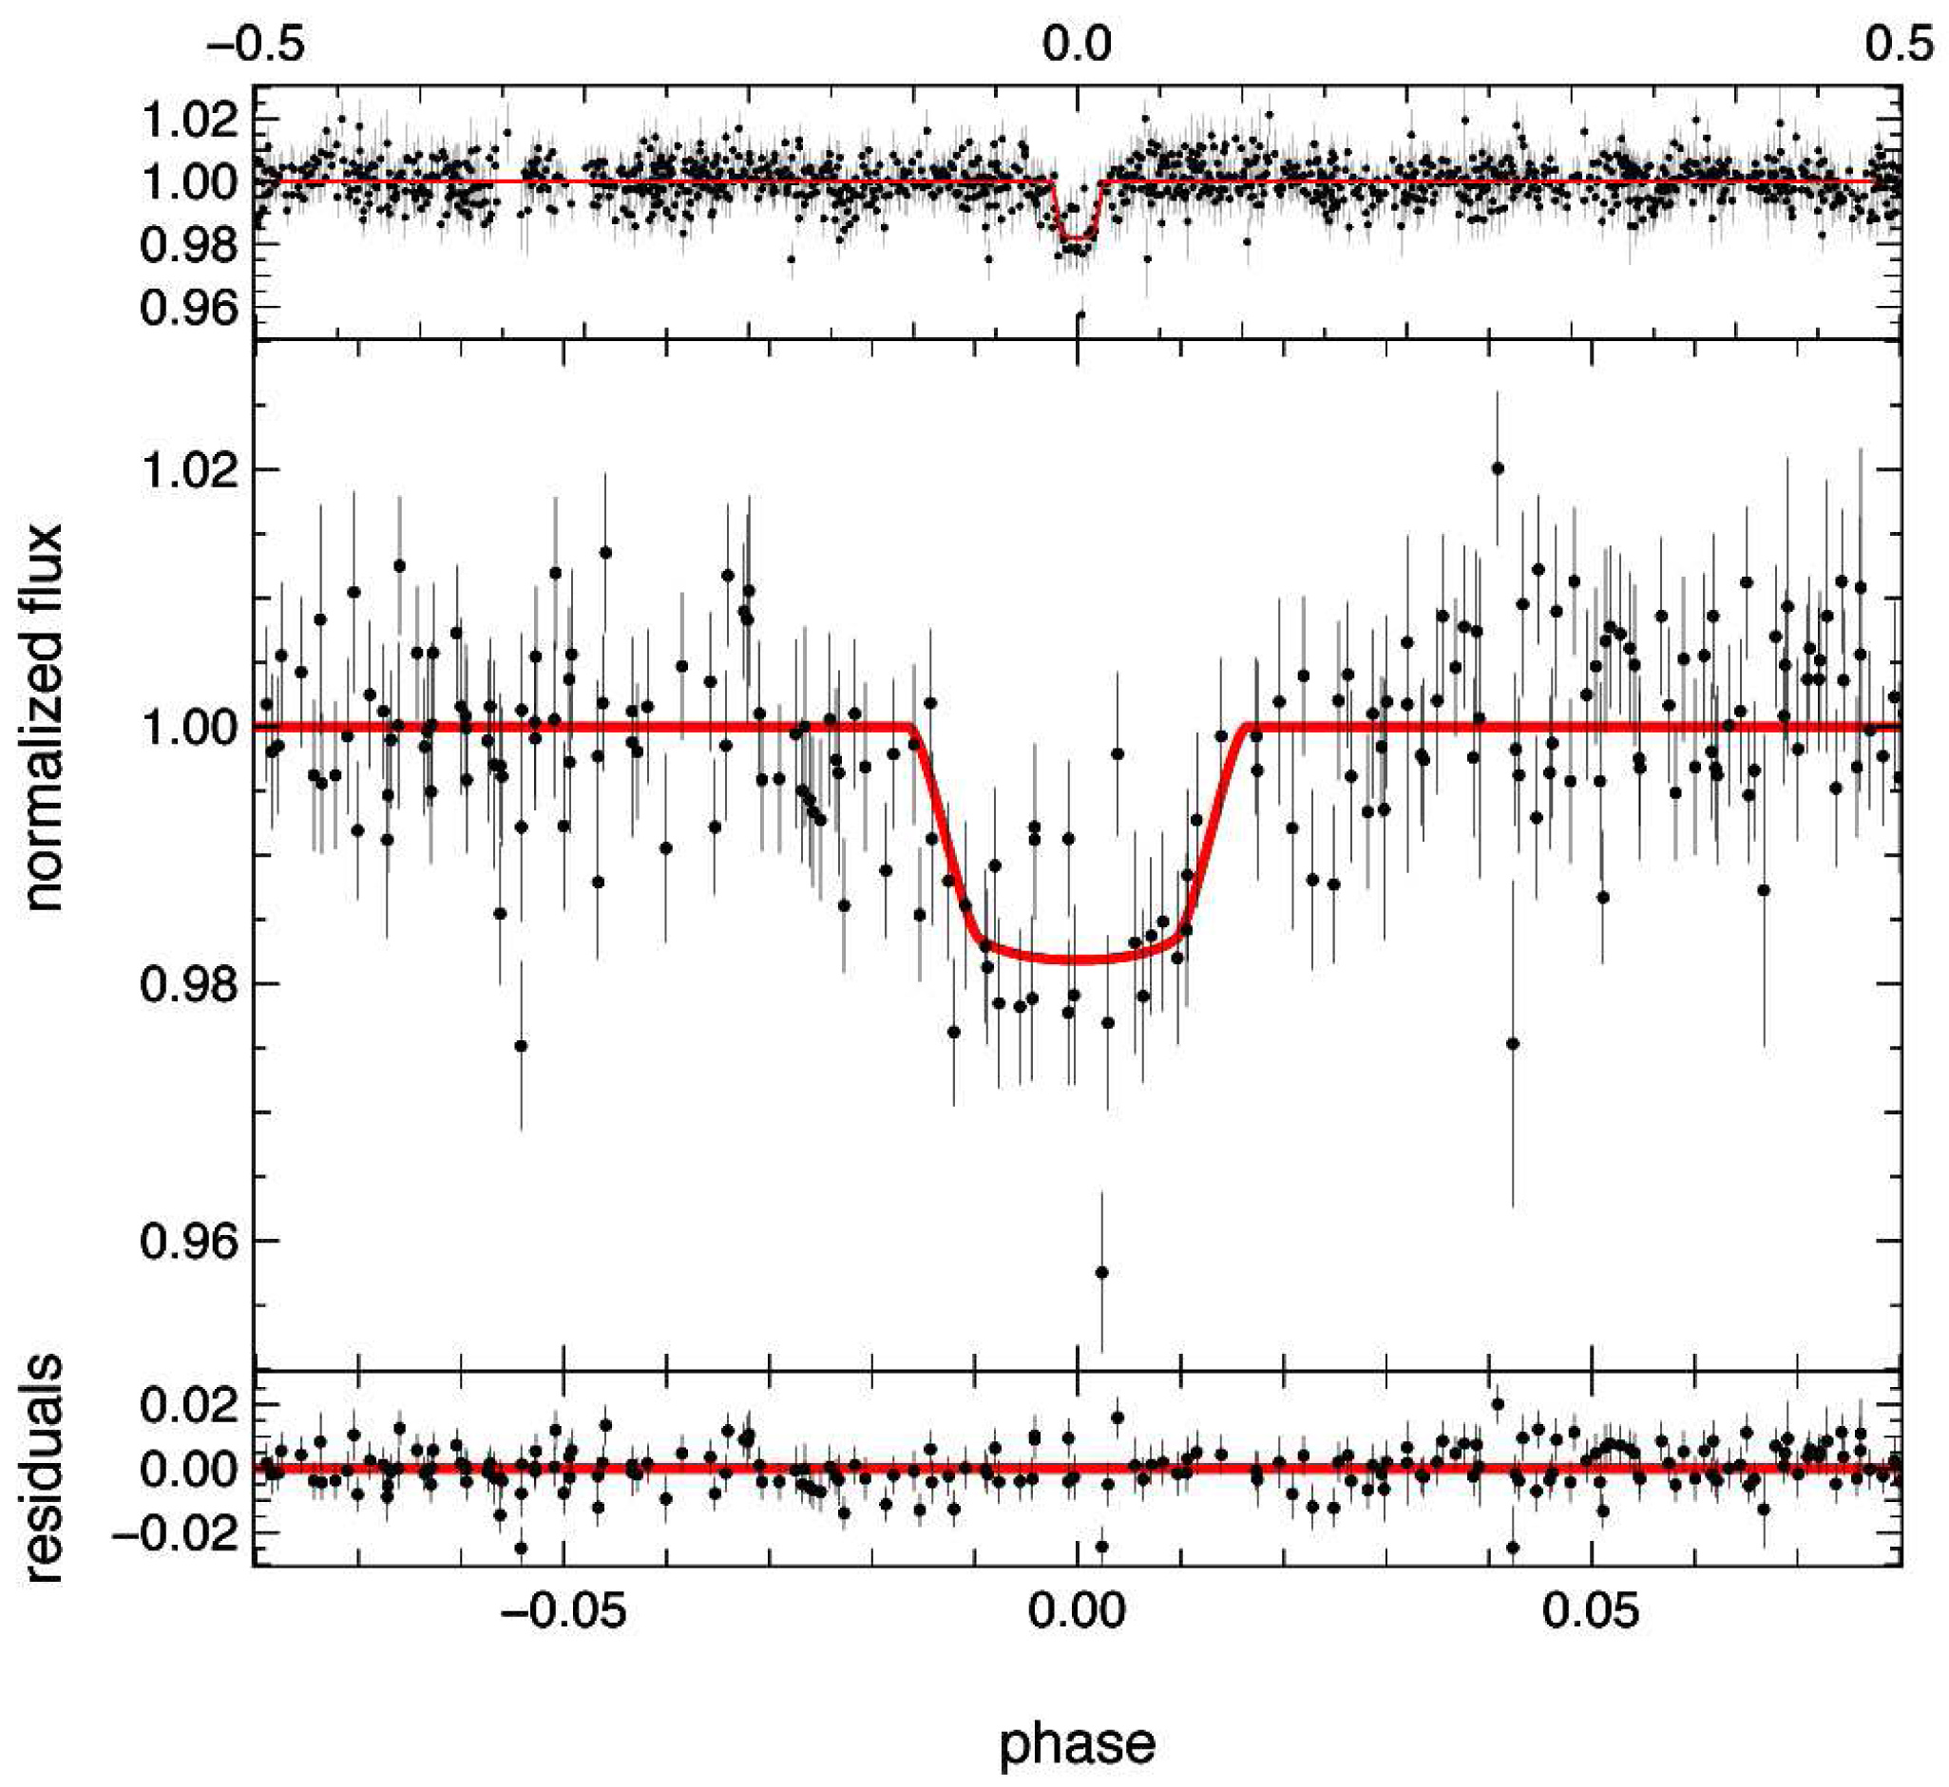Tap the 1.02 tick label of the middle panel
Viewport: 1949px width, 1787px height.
pos(188,470)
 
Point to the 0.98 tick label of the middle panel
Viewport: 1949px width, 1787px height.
pos(188,984)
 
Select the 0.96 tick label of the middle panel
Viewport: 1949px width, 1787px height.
pos(188,1242)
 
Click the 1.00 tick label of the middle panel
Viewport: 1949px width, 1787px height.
pos(188,727)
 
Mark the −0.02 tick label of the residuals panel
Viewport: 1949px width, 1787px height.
pos(174,1533)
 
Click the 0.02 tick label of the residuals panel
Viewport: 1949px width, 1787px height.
pos(188,1405)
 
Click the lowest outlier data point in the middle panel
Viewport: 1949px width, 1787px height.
pos(1100,1271)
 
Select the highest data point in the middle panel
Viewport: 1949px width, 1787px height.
pos(1498,468)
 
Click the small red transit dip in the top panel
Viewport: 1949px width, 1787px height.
pos(1078,236)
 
